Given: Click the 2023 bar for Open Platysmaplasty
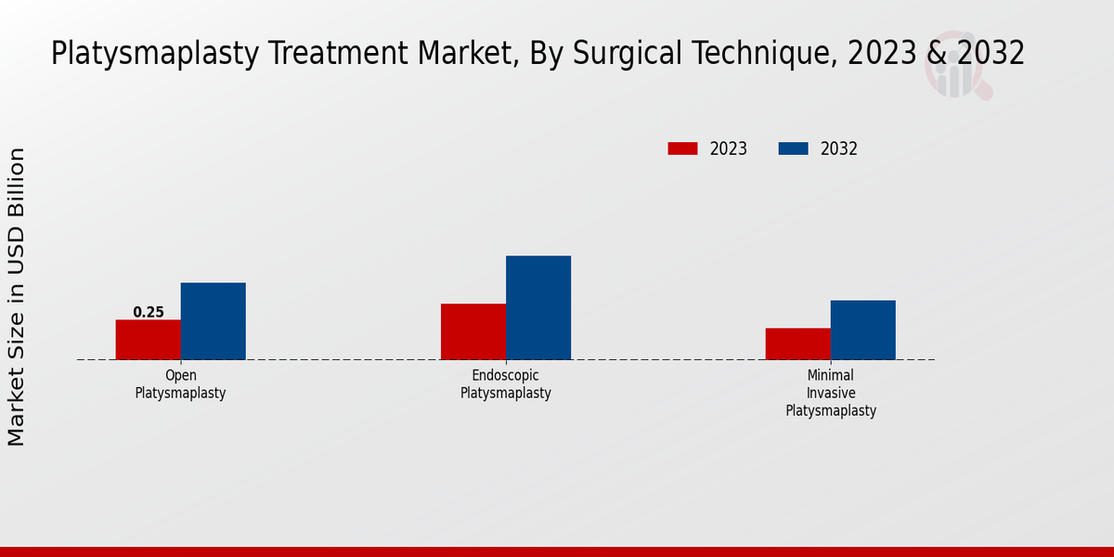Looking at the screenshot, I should [149, 340].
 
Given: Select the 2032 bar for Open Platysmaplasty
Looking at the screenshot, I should [214, 321].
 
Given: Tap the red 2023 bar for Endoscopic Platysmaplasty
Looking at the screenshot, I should [473, 331].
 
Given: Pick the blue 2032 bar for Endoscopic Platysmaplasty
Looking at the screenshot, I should [538, 307].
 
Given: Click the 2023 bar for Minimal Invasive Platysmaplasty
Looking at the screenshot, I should [798, 343].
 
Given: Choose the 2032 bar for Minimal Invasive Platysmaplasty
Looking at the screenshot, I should [863, 330].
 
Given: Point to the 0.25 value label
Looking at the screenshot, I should [149, 312].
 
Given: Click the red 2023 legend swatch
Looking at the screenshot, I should [682, 149].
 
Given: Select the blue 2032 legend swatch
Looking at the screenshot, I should [793, 149].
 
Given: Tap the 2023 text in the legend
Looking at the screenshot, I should [729, 149].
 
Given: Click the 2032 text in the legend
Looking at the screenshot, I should [839, 149].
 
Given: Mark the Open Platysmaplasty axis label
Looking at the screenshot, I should [181, 384].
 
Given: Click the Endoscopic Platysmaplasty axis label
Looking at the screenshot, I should [506, 384].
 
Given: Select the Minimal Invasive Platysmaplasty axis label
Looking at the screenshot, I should [831, 393].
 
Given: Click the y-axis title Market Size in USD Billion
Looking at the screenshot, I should [17, 297].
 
